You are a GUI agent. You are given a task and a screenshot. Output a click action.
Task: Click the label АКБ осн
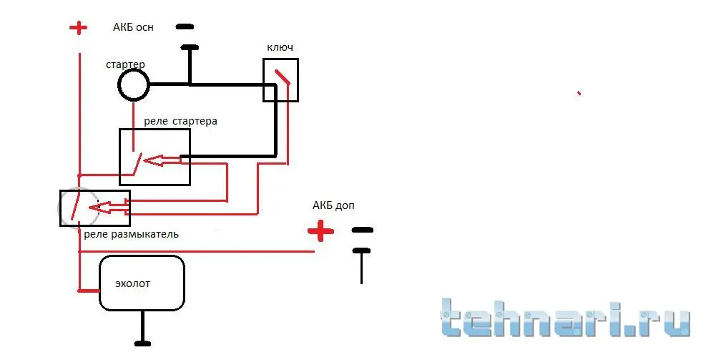133,27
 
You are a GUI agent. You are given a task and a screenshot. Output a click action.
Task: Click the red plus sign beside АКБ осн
78,28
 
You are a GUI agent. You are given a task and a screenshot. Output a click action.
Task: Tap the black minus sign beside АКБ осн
185,27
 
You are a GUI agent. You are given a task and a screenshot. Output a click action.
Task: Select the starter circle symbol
134,85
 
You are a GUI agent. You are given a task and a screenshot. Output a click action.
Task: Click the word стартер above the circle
125,64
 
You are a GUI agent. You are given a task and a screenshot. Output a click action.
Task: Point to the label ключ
280,48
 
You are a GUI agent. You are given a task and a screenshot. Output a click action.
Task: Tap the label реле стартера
180,122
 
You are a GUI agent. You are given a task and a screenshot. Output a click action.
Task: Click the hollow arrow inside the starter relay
162,160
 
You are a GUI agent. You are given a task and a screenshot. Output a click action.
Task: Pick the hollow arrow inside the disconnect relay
108,207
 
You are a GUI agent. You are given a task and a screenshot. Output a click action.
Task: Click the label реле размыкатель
132,234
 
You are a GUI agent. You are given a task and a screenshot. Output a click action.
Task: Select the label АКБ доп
333,205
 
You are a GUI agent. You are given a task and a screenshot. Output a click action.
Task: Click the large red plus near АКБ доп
321,230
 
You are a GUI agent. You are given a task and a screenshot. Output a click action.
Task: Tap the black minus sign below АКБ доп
362,230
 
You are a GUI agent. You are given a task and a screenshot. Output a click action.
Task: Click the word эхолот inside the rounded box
133,283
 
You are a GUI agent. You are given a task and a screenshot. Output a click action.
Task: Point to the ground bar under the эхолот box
142,344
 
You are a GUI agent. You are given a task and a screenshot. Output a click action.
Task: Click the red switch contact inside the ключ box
282,77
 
